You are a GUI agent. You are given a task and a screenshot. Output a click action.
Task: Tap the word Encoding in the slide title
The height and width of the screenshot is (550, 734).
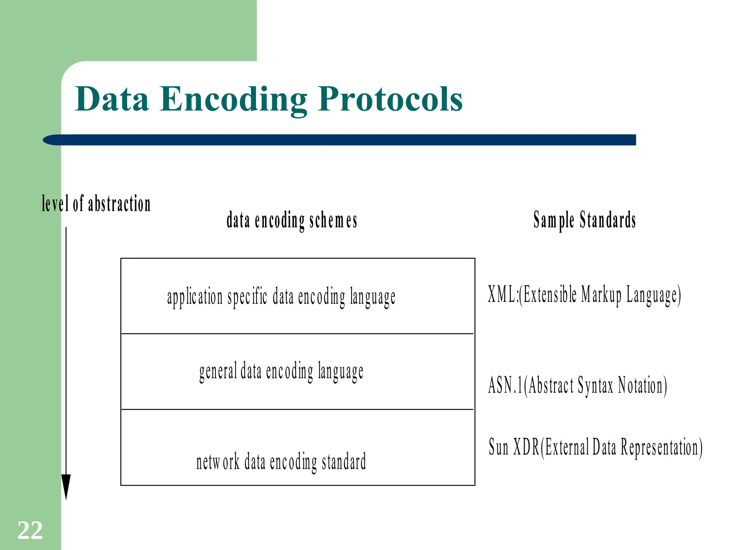(x=233, y=100)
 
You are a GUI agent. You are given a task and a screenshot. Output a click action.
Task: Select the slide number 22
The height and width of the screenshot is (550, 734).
(x=30, y=530)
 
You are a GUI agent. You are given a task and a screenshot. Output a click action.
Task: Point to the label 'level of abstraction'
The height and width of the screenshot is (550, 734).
(x=96, y=204)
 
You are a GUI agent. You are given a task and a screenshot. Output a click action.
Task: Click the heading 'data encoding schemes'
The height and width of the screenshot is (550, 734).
(x=292, y=220)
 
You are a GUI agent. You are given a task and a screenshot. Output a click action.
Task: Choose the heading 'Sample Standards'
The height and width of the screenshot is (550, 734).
(x=585, y=220)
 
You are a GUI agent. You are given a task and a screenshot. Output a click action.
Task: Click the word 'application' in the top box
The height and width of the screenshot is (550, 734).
(x=195, y=298)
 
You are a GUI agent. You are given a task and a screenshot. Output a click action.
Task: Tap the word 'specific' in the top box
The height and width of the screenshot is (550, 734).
(x=247, y=298)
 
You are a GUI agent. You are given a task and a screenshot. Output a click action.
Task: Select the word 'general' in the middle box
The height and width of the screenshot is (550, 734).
(x=218, y=372)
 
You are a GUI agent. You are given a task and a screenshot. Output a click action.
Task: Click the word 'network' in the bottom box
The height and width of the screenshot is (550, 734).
(x=218, y=462)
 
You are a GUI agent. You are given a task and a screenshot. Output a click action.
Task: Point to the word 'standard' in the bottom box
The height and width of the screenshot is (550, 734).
(x=344, y=462)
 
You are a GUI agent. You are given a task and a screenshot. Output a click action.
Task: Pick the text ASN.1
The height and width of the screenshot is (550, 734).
(x=505, y=386)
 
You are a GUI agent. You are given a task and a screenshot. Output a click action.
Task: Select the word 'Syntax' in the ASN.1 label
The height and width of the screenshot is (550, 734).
(x=595, y=386)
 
